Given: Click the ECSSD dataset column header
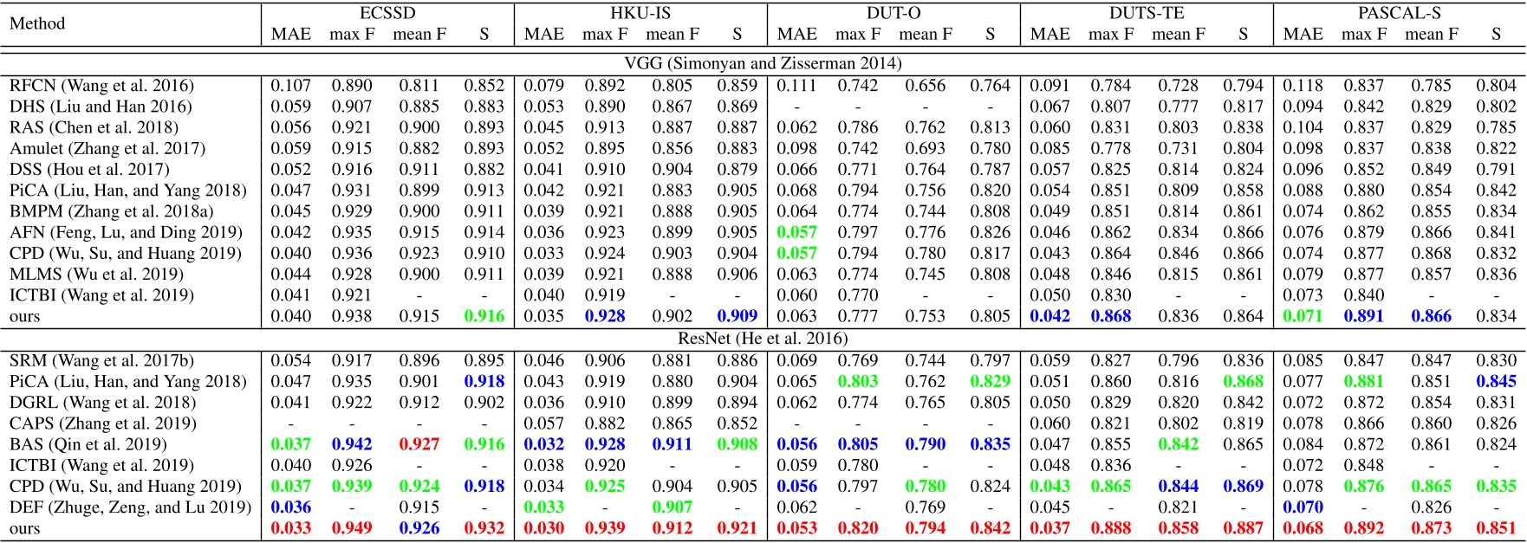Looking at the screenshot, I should pyautogui.click(x=387, y=13).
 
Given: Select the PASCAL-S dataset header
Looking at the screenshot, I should pyautogui.click(x=1400, y=13).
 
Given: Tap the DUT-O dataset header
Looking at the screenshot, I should pyautogui.click(x=893, y=13).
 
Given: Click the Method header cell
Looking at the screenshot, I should pyautogui.click(x=37, y=23).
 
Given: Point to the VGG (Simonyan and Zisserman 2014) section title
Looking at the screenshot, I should pyautogui.click(x=763, y=63).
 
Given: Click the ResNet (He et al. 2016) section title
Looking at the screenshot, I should pyautogui.click(x=763, y=339).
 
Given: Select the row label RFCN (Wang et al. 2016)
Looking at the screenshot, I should pyautogui.click(x=101, y=86).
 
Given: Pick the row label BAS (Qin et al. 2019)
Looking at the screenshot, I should pyautogui.click(x=88, y=444).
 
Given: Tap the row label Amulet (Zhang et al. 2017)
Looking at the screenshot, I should pyautogui.click(x=107, y=149).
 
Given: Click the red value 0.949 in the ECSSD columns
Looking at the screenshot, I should pyautogui.click(x=351, y=528).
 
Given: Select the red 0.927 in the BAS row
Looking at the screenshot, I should pyautogui.click(x=419, y=444).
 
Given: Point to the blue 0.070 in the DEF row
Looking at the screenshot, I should pyautogui.click(x=1303, y=507).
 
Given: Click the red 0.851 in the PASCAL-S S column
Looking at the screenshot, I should pyautogui.click(x=1496, y=528).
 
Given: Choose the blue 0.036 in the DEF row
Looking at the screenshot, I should pyautogui.click(x=290, y=507).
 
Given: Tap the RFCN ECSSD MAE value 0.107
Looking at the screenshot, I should pyautogui.click(x=290, y=86).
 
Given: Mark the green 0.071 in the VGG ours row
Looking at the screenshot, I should pyautogui.click(x=1303, y=316).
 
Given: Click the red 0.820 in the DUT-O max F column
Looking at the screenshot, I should pyautogui.click(x=857, y=528).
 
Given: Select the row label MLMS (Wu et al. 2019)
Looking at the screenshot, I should pyautogui.click(x=96, y=275).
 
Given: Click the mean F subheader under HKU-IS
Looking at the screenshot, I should pyautogui.click(x=673, y=35).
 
